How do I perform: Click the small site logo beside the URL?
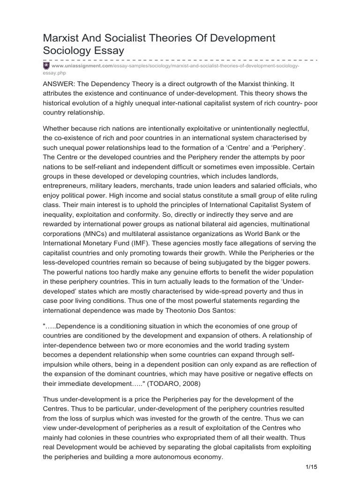click(x=46, y=66)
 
